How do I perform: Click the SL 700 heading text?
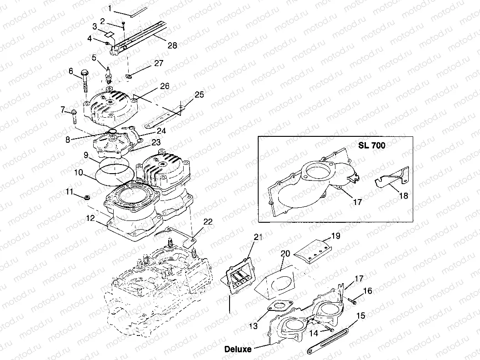pyautogui.click(x=371, y=146)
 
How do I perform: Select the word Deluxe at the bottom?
pyautogui.click(x=238, y=349)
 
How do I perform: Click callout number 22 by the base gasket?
pyautogui.click(x=208, y=222)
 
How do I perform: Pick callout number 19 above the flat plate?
pyautogui.click(x=335, y=236)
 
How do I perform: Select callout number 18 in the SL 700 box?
pyautogui.click(x=403, y=195)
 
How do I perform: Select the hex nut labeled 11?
pyautogui.click(x=87, y=196)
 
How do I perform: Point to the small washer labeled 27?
pyautogui.click(x=129, y=75)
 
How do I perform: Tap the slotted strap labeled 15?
pyautogui.click(x=330, y=340)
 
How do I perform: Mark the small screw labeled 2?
pyautogui.click(x=123, y=26)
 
